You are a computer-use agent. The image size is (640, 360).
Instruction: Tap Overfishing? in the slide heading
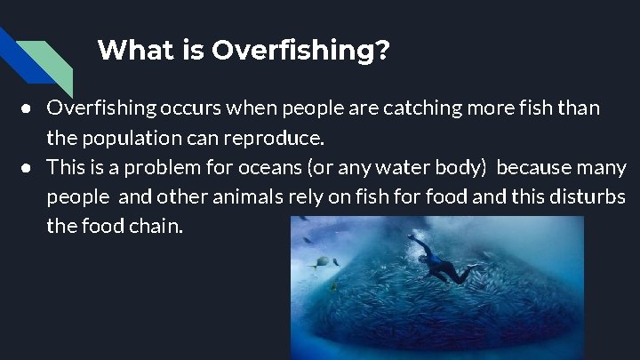(300, 50)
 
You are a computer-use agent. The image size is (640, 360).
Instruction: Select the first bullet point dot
(28, 108)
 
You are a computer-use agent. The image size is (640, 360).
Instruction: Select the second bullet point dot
(28, 167)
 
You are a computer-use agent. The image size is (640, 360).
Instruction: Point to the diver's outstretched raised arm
(417, 241)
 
